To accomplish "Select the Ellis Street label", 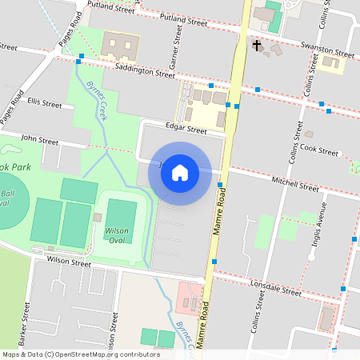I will (43, 103).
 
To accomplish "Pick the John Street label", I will (40, 140).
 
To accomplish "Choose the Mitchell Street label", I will (295, 185).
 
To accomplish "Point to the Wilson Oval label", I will (117, 234).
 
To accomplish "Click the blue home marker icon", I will (180, 173).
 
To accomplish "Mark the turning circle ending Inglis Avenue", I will (312, 256).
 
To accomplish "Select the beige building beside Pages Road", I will (119, 46).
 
